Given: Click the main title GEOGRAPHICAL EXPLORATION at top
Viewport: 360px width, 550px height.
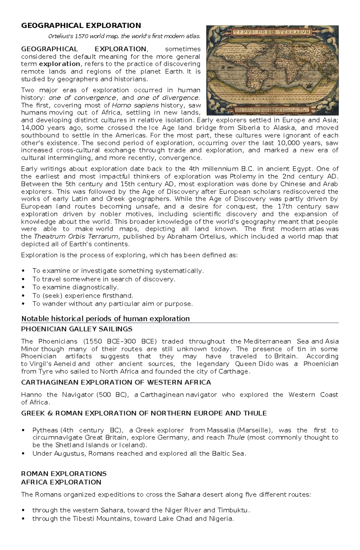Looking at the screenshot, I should pos(81,25).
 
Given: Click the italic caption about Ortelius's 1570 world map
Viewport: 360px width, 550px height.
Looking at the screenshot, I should pos(124,37).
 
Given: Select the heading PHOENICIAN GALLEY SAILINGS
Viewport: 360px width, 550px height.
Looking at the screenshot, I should pos(76,329).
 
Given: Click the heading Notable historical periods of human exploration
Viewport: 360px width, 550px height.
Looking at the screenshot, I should pos(105,318).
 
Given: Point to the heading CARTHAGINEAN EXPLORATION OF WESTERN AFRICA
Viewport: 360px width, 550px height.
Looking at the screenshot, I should pos(116,382).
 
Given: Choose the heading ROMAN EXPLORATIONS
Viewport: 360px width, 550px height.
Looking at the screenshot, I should pos(64,474).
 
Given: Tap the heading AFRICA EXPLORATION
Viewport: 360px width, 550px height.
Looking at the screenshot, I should pos(61,482).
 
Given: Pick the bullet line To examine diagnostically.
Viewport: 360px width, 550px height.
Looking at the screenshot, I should pos(76,287).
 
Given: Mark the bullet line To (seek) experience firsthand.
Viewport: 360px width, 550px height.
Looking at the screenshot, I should pos(82,296).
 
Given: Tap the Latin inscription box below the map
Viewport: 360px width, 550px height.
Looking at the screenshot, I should pos(273,109).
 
